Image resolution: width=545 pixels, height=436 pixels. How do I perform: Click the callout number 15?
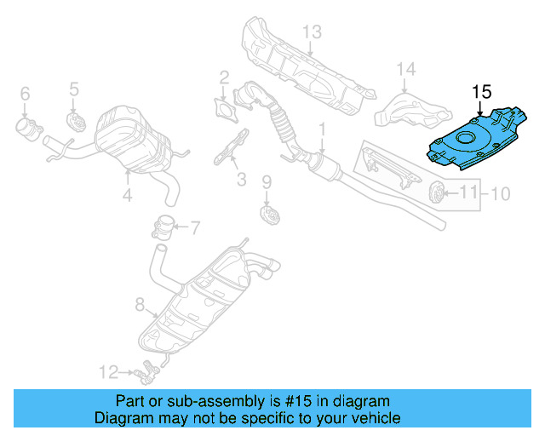click(x=481, y=92)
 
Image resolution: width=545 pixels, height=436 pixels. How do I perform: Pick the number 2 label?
click(x=224, y=77)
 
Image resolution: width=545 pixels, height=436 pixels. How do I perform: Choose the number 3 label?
click(x=241, y=180)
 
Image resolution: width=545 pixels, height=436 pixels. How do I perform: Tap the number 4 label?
click(x=127, y=196)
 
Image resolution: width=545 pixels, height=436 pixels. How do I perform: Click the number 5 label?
click(x=73, y=88)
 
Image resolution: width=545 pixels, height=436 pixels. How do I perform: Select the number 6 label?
click(x=24, y=93)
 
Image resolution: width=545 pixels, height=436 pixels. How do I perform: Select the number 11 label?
click(x=469, y=194)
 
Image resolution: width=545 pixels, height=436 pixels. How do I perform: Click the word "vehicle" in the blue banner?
click(x=371, y=418)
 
